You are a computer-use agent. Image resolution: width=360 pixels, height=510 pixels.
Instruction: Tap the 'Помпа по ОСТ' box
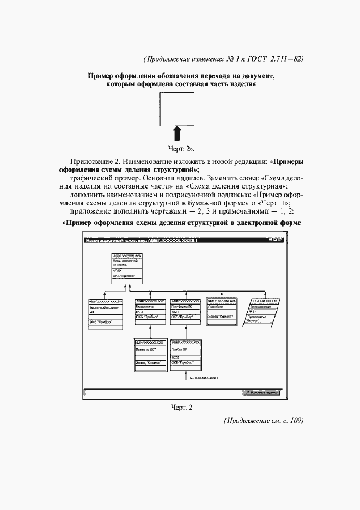tap(149, 355)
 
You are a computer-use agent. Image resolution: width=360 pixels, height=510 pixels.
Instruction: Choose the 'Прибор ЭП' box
tap(186, 355)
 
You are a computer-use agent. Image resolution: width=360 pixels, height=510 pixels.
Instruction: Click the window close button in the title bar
tap(280, 240)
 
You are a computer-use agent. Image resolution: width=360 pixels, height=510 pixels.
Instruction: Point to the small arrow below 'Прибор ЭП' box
tap(186, 376)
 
